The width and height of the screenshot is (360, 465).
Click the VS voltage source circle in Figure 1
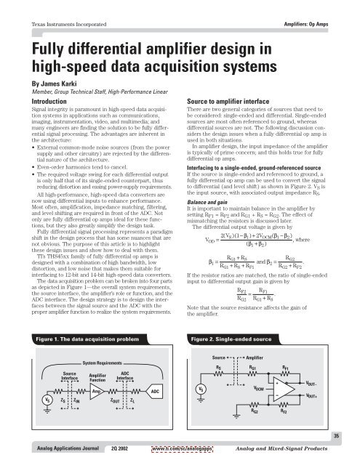tap(28, 400)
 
